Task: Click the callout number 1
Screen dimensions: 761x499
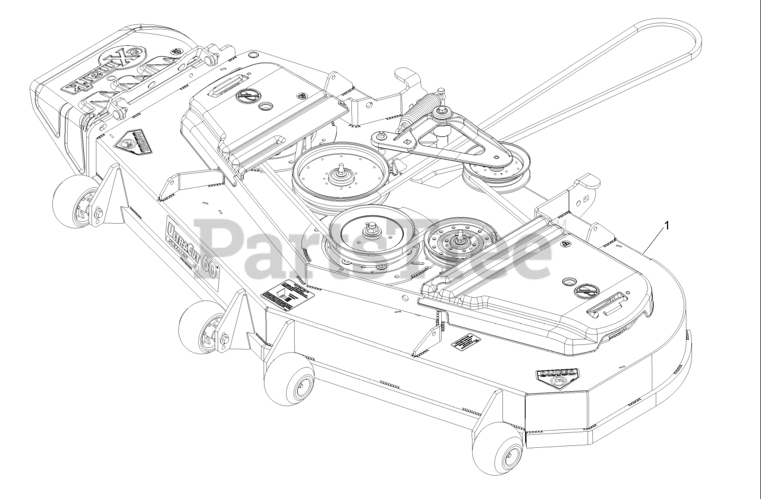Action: (x=668, y=225)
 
